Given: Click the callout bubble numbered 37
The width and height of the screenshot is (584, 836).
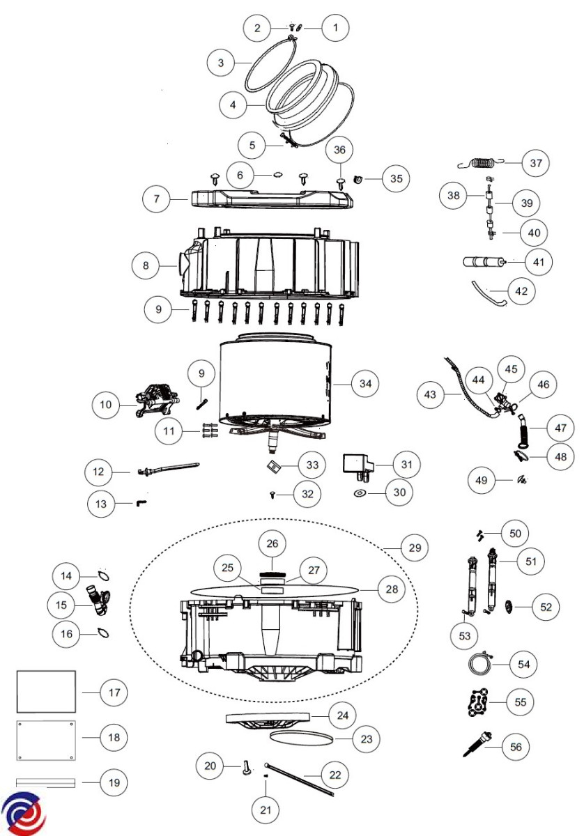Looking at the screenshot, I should pos(535,163).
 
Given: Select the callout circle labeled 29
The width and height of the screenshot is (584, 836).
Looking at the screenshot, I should pos(414,548).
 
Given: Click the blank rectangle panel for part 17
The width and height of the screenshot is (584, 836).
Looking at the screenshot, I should pos(46,692).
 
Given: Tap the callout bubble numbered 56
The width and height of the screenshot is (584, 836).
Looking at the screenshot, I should pos(516,747).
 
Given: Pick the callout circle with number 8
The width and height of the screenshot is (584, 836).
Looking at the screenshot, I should pos(146,265).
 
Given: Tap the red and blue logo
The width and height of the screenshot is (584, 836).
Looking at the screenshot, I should pos(23,813).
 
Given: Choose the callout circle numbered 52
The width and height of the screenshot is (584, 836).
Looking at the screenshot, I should pos(546,607).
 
